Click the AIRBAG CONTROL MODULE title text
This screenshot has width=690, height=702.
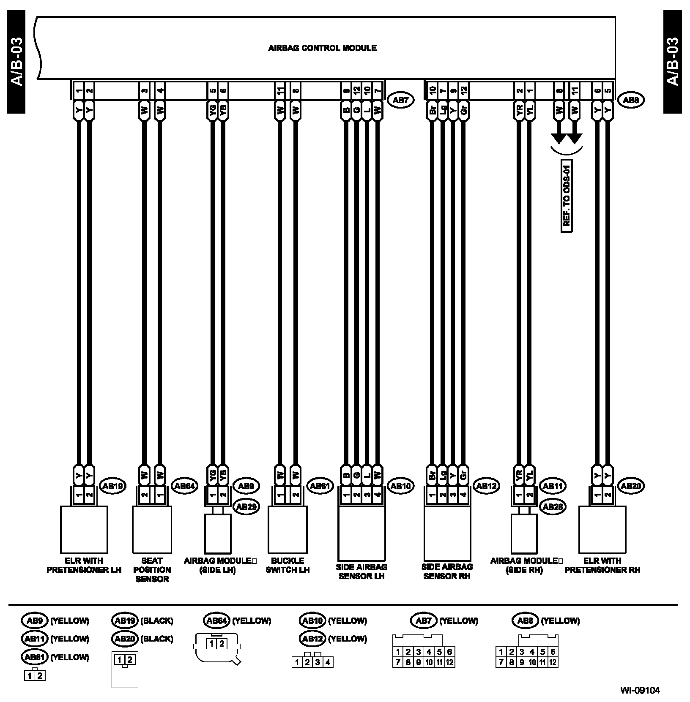(322, 48)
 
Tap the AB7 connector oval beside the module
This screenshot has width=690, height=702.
(400, 100)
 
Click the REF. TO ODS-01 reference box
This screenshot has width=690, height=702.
(567, 196)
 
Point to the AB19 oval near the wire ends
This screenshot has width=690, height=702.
(112, 486)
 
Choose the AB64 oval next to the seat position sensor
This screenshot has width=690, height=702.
(184, 486)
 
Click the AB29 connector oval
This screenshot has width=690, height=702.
(246, 506)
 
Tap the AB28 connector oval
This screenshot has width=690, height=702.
(552, 506)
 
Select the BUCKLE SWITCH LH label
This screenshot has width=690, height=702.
(287, 565)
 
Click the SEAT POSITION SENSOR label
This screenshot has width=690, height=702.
(152, 570)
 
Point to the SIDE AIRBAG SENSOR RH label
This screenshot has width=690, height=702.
(447, 571)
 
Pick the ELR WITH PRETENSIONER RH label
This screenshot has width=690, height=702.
(602, 565)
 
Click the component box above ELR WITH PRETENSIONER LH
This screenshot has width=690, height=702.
(84, 530)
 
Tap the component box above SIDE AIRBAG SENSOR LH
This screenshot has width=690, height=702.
(361, 533)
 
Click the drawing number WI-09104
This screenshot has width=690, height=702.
(640, 691)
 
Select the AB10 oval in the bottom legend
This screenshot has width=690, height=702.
(312, 620)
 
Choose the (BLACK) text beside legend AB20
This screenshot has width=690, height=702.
(156, 639)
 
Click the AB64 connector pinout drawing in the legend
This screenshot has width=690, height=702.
(217, 649)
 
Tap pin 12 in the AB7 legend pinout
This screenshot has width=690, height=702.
(449, 662)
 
